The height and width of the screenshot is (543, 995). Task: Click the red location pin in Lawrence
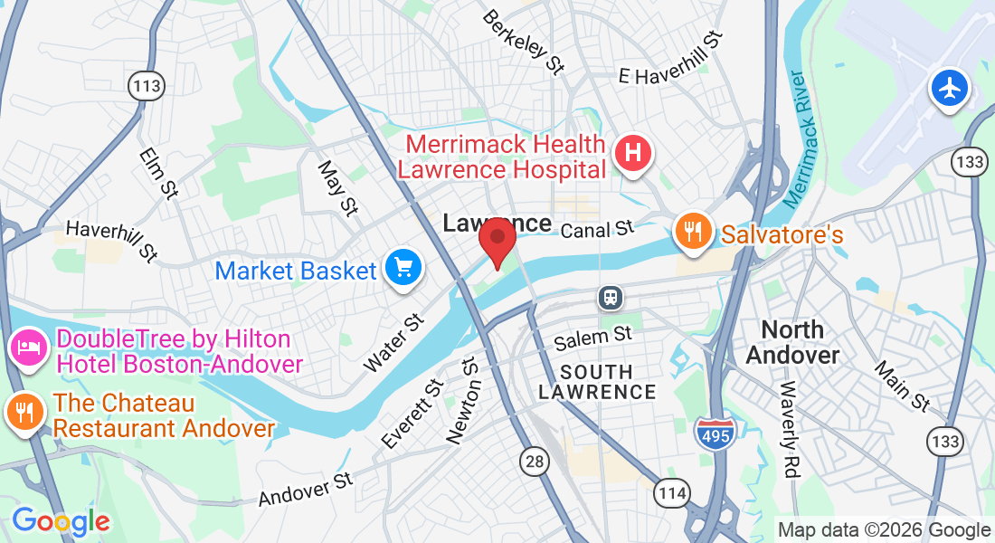[497, 237]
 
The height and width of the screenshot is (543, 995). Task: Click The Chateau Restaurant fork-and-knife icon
[24, 412]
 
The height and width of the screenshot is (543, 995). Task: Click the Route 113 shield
[147, 87]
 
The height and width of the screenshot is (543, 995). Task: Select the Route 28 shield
[535, 462]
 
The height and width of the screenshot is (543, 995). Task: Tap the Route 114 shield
[671, 493]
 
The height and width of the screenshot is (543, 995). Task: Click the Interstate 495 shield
[714, 434]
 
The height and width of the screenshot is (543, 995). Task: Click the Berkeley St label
[524, 42]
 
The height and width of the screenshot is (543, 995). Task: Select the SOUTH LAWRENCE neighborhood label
[597, 382]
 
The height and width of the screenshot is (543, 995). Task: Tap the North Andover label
[792, 342]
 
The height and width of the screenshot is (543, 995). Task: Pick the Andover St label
[305, 490]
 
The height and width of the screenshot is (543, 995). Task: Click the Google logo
[61, 521]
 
